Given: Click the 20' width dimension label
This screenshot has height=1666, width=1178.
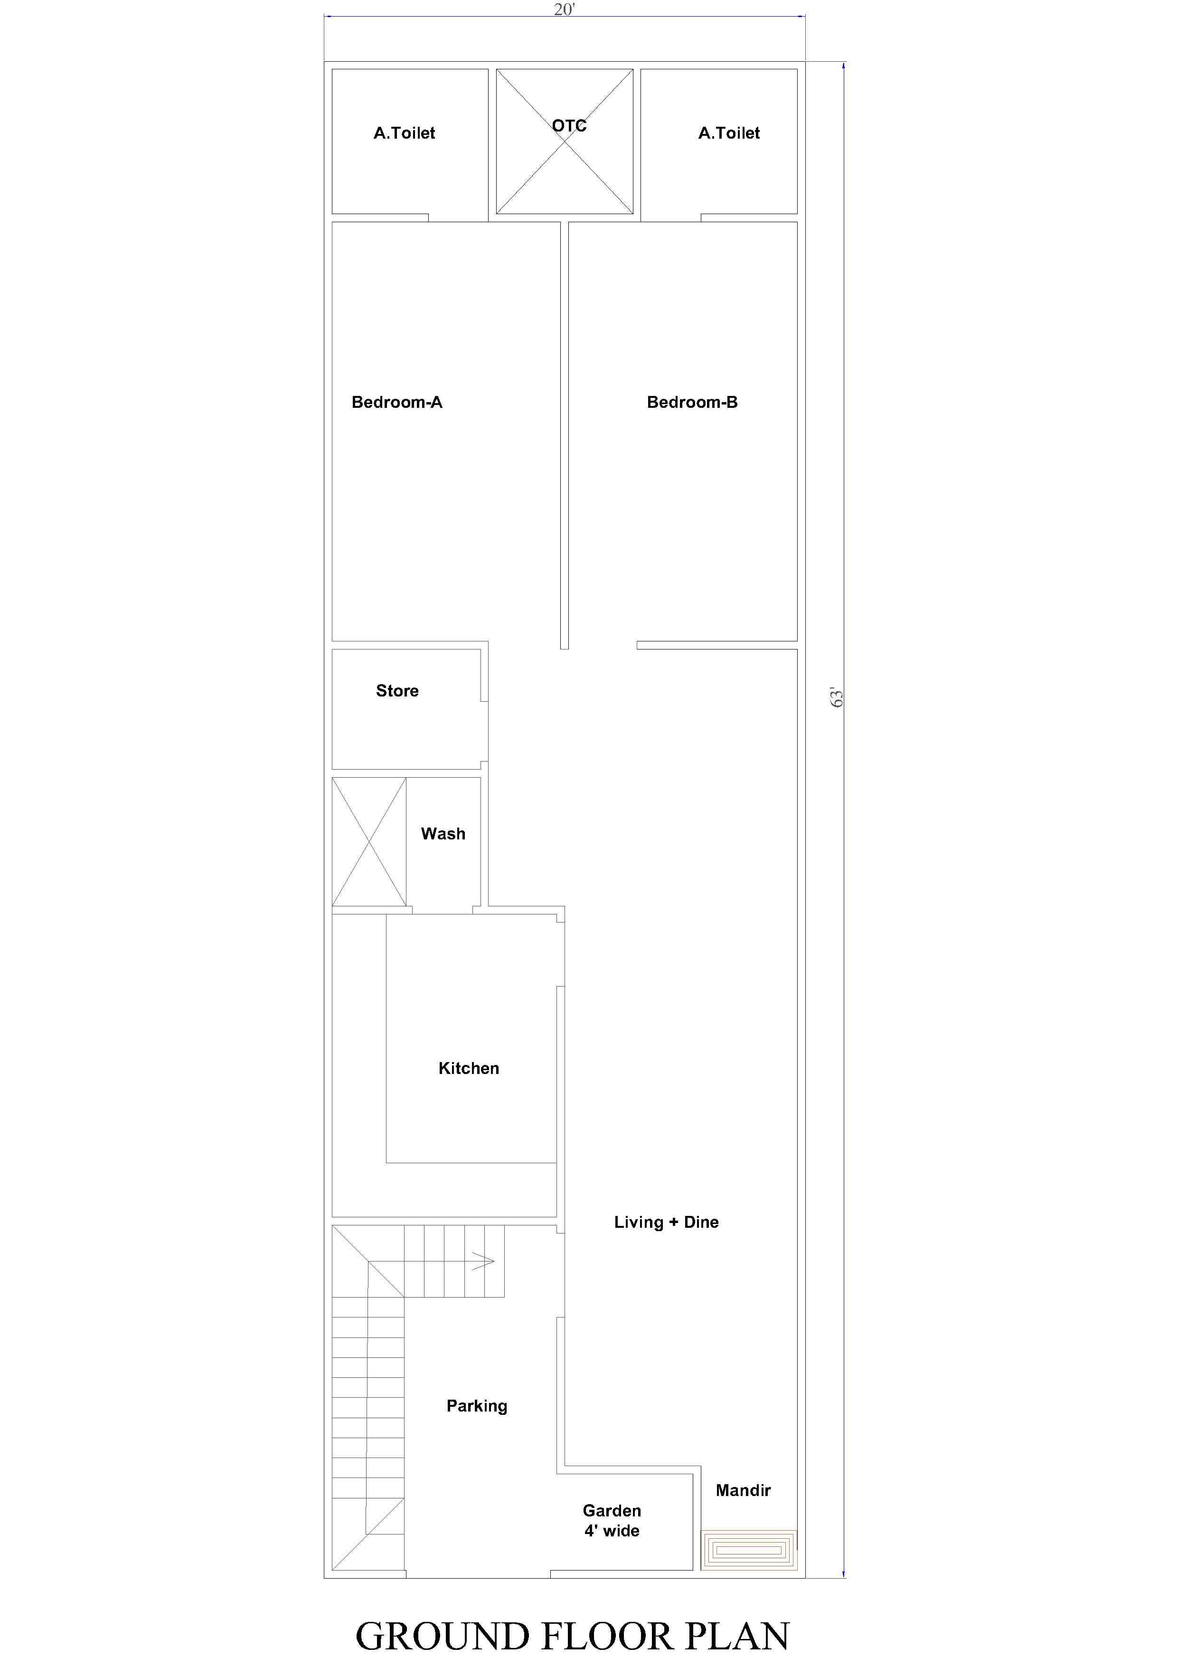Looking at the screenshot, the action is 564,9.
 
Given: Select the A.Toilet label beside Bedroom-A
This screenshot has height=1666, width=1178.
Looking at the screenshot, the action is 404,133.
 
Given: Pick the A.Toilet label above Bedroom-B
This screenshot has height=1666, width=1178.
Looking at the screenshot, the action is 729,133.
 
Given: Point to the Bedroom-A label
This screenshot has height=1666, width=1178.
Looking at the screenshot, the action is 396,402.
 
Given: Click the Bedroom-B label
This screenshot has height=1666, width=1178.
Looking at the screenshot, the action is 692,402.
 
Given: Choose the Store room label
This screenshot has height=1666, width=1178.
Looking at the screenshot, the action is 397,691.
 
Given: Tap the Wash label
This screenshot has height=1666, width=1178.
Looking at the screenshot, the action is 443,834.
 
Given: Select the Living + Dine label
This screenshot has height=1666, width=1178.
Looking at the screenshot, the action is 666,1222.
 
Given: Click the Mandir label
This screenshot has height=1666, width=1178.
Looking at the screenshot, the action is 743,1490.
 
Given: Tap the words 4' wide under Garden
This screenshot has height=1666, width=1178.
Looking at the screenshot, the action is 612,1531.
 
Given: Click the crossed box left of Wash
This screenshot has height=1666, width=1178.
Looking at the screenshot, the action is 369,842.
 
